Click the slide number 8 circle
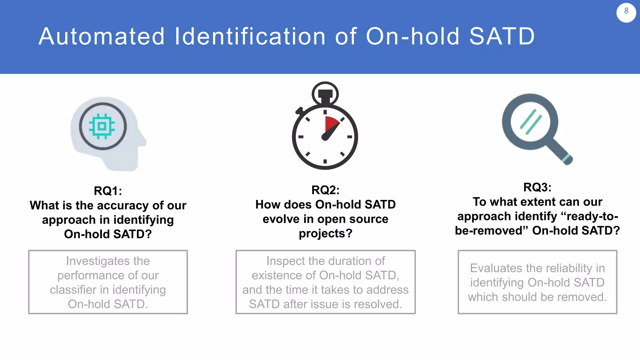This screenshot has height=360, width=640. click(x=626, y=12)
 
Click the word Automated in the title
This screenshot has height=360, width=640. click(x=102, y=37)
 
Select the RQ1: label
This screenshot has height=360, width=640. click(x=108, y=191)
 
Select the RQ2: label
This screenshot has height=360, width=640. click(x=325, y=190)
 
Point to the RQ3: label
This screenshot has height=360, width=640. click(x=537, y=187)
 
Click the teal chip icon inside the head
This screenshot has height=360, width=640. click(x=102, y=126)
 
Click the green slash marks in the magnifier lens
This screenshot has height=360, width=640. click(x=531, y=122)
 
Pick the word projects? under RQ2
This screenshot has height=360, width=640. click(x=325, y=233)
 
